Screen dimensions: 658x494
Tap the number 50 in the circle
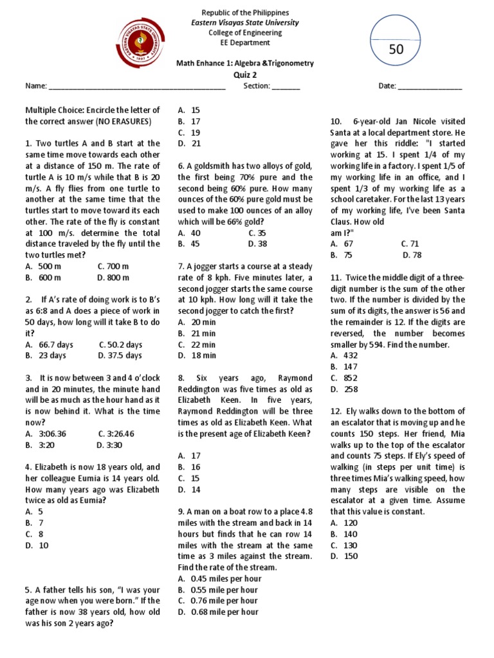pyautogui.click(x=396, y=49)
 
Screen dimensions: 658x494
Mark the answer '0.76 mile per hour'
pyautogui.click(x=217, y=601)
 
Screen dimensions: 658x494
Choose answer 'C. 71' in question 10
pyautogui.click(x=409, y=244)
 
